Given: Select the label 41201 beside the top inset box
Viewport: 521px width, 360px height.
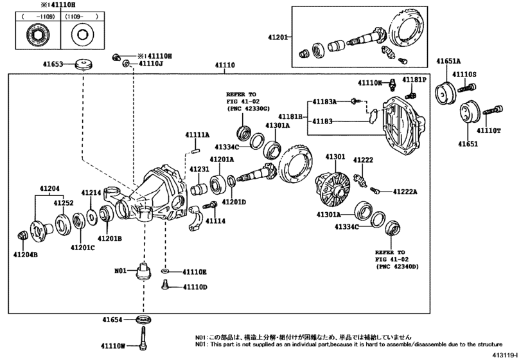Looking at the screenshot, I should (x=278, y=37).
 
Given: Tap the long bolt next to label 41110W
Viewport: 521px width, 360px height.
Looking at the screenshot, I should (x=141, y=340).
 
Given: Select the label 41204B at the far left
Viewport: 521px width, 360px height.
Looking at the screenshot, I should (x=26, y=255).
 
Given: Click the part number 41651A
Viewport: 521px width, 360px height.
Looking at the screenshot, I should (x=448, y=61).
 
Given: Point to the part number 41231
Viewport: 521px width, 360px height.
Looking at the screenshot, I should (x=199, y=169).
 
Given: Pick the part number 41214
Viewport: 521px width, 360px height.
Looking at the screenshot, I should (x=91, y=192).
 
